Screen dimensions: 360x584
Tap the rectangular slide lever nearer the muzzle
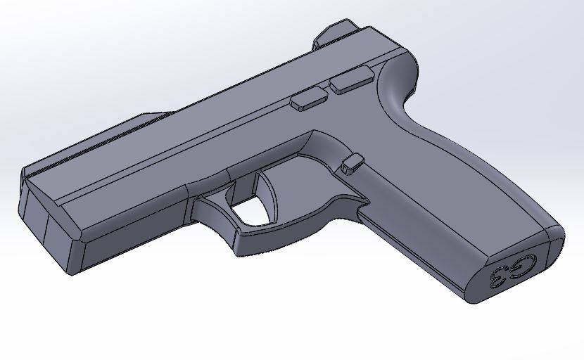[x=308, y=99]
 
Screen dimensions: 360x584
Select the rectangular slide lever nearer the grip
[x=353, y=82]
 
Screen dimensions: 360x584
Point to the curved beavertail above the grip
[x=398, y=77]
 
